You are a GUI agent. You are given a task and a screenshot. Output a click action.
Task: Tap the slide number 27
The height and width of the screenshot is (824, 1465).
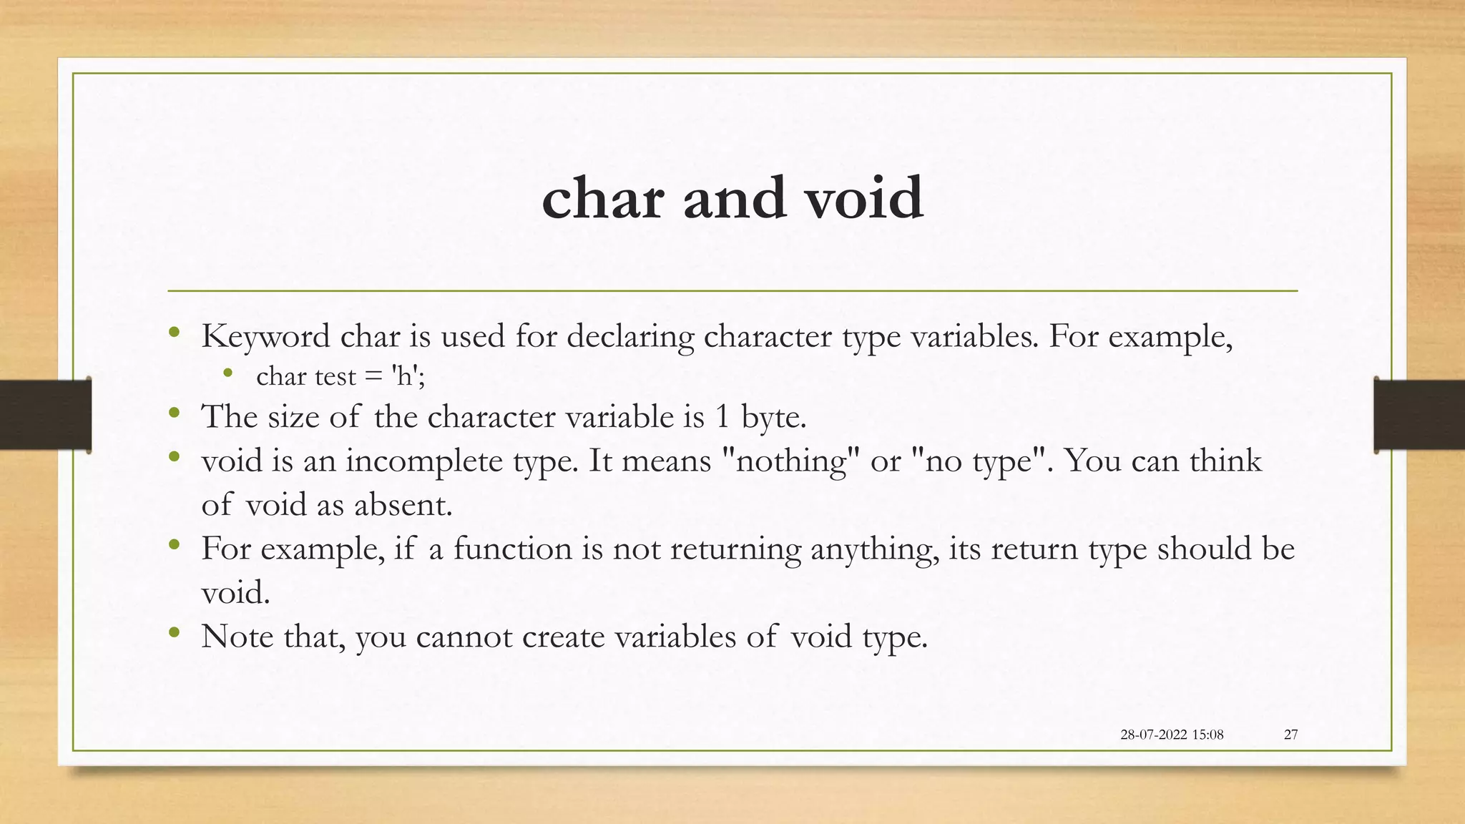pos(1290,735)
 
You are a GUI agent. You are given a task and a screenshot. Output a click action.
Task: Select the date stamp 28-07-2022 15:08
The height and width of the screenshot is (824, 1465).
pos(1172,735)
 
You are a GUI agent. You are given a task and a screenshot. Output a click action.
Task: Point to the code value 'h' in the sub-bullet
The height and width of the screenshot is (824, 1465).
pos(403,376)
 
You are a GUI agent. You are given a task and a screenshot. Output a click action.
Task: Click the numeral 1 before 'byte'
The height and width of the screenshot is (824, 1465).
pos(722,417)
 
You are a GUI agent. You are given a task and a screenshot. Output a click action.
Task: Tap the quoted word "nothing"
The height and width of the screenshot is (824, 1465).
pos(791,460)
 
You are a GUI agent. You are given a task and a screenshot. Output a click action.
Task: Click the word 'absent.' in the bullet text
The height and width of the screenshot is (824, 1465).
pos(403,506)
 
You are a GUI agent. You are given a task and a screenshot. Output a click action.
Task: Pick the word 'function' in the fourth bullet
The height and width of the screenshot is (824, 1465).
pos(512,549)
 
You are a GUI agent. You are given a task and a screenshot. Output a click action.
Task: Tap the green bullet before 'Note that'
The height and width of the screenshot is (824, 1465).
pos(174,632)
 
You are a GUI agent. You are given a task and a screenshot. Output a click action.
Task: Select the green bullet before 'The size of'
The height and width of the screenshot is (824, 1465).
pos(174,413)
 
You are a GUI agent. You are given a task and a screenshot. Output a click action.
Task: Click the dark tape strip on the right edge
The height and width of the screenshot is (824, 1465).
pos(1419,415)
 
